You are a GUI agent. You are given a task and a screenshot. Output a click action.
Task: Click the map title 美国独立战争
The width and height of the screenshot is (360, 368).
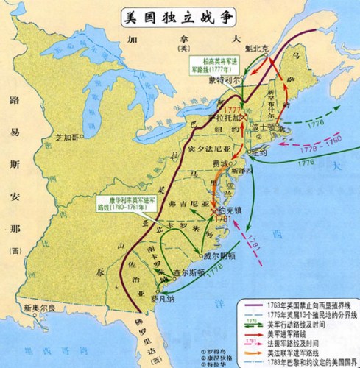(x=180, y=15)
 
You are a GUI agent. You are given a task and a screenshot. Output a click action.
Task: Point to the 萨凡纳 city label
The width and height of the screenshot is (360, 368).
(x=162, y=300)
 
